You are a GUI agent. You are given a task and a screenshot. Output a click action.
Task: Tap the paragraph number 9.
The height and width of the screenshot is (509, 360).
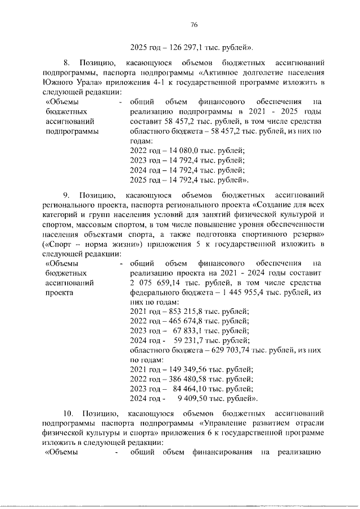[66, 196]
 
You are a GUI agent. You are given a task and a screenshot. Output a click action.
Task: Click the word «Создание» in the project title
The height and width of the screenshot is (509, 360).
[276, 205]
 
